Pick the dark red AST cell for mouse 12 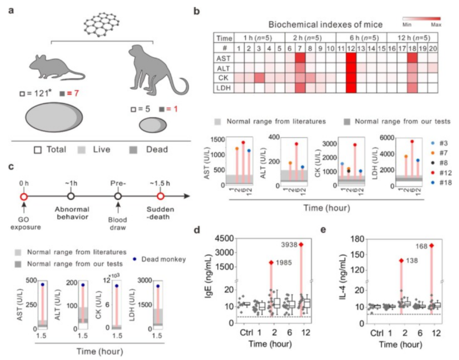pos(350,58)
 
